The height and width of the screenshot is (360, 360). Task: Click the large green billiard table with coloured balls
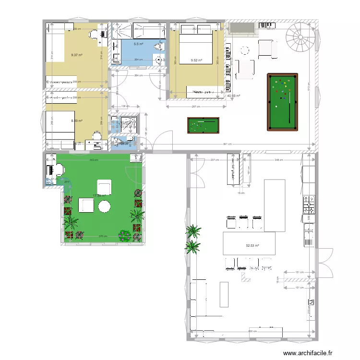tap(282, 102)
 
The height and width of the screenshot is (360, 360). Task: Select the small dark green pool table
tap(203, 126)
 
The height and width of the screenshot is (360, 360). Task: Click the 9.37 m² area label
tap(76, 55)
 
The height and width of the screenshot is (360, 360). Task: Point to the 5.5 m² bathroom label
tap(138, 44)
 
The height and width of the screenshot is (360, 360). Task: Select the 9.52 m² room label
tap(196, 60)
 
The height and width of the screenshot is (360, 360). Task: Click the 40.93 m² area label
tap(233, 96)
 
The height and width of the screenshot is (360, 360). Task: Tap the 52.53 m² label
tap(252, 246)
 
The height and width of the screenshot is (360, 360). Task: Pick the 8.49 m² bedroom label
tap(76, 121)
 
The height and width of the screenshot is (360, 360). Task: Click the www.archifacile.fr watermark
tap(307, 353)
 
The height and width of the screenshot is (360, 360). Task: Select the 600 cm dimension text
tap(252, 332)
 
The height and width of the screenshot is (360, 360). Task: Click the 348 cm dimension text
tap(278, 159)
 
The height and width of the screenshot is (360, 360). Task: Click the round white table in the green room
tap(105, 206)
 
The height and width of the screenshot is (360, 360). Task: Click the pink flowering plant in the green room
tap(124, 235)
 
